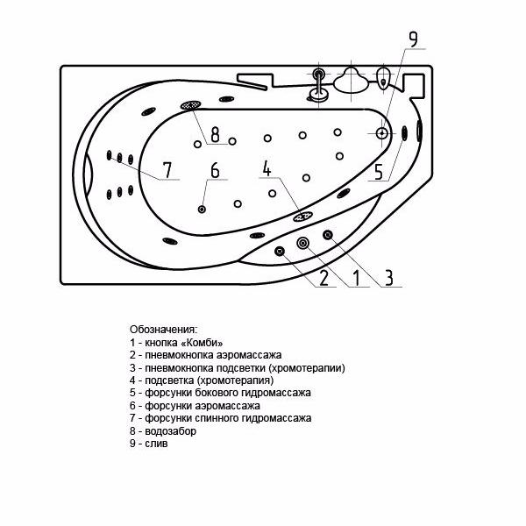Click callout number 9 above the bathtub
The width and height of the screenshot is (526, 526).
point(414,39)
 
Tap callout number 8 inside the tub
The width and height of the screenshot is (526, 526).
point(215,134)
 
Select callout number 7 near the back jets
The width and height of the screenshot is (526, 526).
point(167,170)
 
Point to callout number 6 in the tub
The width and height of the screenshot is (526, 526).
point(215,170)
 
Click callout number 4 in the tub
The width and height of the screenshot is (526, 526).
point(267,168)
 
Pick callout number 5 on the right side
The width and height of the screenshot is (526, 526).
point(379,172)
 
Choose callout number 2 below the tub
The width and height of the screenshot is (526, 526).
point(323,278)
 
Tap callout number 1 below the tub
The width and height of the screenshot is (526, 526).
point(356,278)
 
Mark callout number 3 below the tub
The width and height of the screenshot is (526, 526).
point(388,278)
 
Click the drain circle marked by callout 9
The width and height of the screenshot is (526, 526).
point(382,133)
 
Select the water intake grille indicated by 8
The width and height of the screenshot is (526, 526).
point(191,105)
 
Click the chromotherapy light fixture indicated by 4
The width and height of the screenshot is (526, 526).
point(303,217)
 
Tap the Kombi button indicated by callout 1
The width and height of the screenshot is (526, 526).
point(303,243)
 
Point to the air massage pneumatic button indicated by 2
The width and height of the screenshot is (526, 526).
point(280,251)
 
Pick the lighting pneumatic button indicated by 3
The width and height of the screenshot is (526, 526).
point(328,235)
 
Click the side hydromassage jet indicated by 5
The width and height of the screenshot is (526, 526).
point(404,133)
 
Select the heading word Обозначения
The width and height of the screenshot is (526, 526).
point(164,330)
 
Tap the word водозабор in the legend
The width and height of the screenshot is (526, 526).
point(170,431)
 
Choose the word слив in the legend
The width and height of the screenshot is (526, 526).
point(156,444)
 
